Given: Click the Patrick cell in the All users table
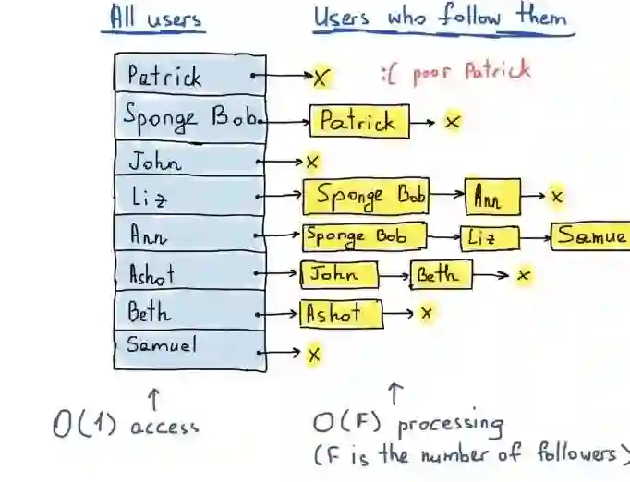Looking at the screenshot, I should (189, 75).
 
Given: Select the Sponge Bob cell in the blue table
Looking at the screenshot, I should (189, 118).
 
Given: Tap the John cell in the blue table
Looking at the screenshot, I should (189, 161).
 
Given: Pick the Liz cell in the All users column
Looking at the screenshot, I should (189, 196).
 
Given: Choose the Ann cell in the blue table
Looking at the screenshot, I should (189, 235).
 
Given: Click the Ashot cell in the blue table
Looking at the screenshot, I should (189, 273).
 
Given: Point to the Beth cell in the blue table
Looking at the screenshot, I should (189, 311).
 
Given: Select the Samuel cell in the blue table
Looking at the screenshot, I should (189, 349).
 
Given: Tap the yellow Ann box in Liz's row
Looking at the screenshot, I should (492, 196).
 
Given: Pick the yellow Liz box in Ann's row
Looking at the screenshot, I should (489, 236).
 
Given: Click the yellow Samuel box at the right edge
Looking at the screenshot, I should (591, 235).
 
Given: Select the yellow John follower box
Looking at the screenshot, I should (339, 274).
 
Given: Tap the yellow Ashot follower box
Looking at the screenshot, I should (341, 313).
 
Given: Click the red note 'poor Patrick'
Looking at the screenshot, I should (456, 71).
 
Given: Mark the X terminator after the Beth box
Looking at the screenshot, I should (524, 275).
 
